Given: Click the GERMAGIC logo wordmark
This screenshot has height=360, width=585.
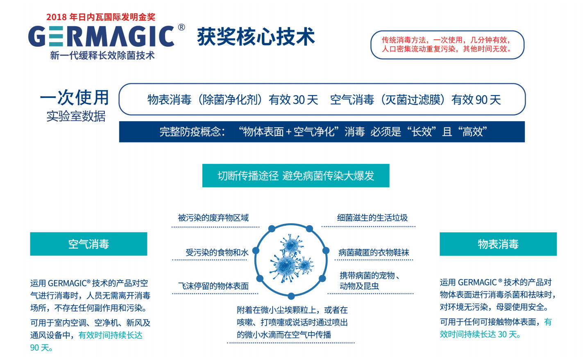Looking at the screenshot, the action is click(x=101, y=36).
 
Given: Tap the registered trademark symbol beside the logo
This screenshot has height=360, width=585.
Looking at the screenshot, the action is click(x=181, y=27).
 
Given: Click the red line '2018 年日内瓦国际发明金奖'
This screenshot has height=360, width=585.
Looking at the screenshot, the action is click(x=101, y=17).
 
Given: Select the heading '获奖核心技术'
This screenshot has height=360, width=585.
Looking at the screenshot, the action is click(x=256, y=36).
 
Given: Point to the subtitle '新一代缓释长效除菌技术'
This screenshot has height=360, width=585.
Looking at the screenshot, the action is click(x=102, y=55).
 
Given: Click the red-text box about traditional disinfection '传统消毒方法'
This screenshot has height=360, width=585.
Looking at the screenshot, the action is click(x=447, y=45).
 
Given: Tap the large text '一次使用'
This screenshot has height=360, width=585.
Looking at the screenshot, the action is click(x=75, y=97).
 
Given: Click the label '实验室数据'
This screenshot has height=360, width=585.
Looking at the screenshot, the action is click(x=76, y=116).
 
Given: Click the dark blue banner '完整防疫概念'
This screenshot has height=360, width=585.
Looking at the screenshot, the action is click(x=322, y=131).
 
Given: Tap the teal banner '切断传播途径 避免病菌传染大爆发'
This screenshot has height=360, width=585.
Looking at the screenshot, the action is click(x=296, y=175).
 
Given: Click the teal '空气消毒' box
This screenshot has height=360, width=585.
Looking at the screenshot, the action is click(x=88, y=244).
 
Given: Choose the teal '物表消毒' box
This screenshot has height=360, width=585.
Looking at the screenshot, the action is click(x=498, y=244).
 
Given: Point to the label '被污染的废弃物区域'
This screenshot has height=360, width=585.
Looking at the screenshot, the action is click(x=213, y=218).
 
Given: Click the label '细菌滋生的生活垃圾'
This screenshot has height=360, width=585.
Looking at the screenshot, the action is click(x=372, y=218).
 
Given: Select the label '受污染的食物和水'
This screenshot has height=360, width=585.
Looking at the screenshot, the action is click(x=217, y=252).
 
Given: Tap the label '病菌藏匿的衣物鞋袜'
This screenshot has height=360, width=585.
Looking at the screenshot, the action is click(x=374, y=252).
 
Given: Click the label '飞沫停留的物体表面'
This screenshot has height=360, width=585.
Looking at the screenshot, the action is click(x=213, y=286).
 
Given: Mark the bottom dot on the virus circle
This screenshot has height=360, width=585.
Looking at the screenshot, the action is click(x=291, y=296).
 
